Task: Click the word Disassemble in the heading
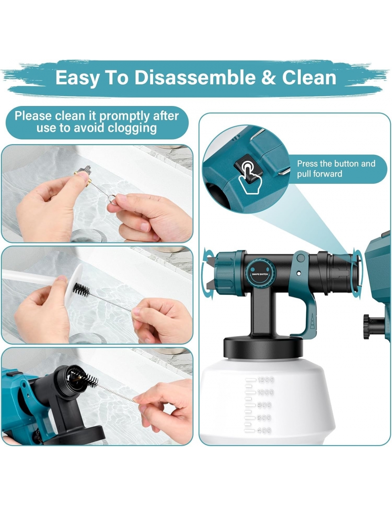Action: tap(195, 78)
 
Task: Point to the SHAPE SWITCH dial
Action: tap(260, 274)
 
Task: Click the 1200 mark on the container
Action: tap(265, 380)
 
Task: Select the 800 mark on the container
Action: tap(264, 405)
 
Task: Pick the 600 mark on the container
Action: tap(264, 418)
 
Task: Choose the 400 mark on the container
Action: tap(264, 431)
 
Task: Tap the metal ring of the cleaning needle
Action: tap(113, 200)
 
